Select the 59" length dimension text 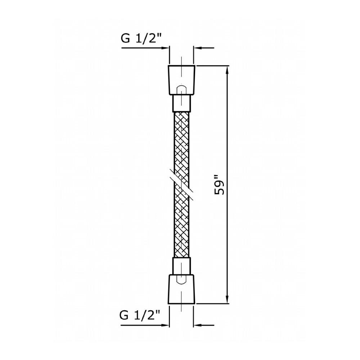pyautogui.click(x=219, y=185)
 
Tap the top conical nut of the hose pyautogui.click(x=181, y=80)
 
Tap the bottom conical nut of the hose pyautogui.click(x=181, y=289)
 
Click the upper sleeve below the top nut pyautogui.click(x=181, y=104)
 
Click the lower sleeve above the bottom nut pyautogui.click(x=181, y=266)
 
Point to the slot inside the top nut pyautogui.click(x=181, y=90)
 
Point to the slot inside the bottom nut pyautogui.click(x=181, y=279)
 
